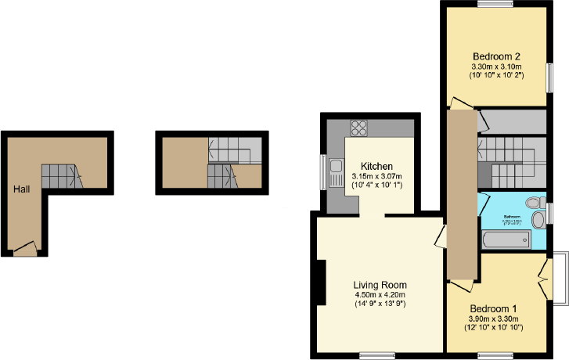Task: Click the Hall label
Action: [x=21, y=189]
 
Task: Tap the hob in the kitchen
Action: [x=359, y=128]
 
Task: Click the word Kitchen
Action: [x=376, y=166]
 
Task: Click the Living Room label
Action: [x=380, y=284]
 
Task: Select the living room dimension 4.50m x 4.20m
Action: [x=380, y=294]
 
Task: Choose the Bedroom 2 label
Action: [x=496, y=56]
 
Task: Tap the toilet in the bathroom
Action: [x=535, y=202]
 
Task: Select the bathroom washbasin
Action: [x=538, y=220]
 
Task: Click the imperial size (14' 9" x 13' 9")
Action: [x=380, y=304]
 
